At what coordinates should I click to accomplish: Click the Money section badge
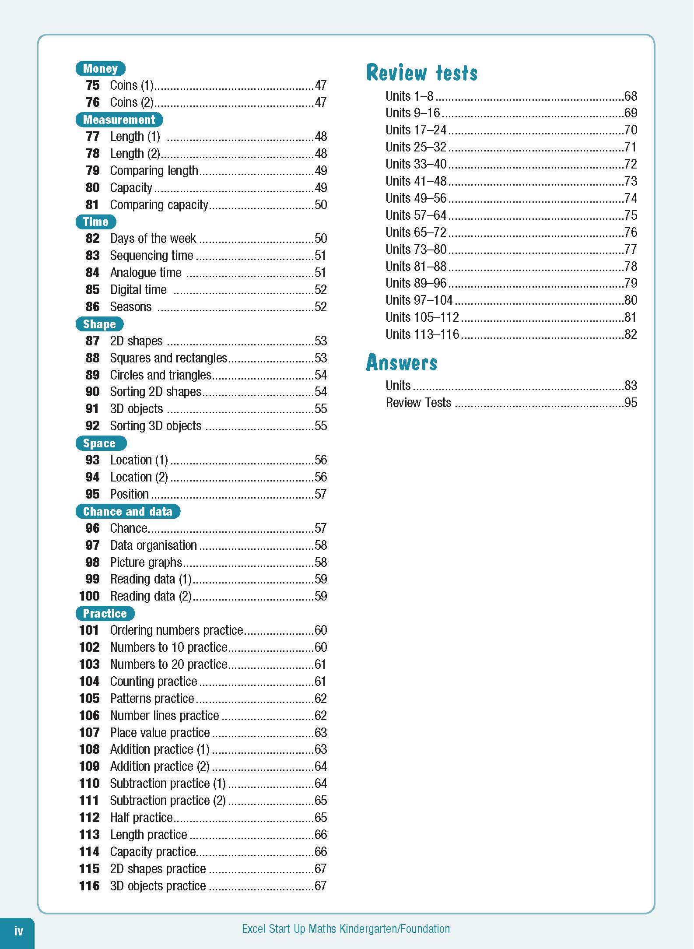coord(100,68)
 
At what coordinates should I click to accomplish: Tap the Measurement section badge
coord(119,120)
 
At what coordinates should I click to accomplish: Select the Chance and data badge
coord(128,511)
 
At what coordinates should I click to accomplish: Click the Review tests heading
coord(422,73)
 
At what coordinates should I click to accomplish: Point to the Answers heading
coord(402,362)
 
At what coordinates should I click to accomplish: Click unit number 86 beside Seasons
coord(92,306)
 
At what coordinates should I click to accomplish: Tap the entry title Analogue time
coord(146,272)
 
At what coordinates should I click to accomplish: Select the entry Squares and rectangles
coord(168,358)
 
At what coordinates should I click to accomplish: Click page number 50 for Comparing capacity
coord(321,204)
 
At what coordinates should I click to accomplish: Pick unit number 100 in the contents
coord(89,596)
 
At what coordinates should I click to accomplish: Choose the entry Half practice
coord(141,817)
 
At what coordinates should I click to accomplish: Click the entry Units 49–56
coord(416,198)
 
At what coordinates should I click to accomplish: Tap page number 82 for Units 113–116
coord(631,334)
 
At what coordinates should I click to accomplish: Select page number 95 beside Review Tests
coord(631,402)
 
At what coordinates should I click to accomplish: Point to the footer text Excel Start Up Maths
coord(346,928)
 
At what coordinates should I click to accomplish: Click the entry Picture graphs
coord(146,562)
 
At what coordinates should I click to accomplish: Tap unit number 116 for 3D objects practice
coord(89,886)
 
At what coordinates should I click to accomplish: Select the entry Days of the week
coord(153,238)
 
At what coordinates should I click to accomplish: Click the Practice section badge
coord(105,613)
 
